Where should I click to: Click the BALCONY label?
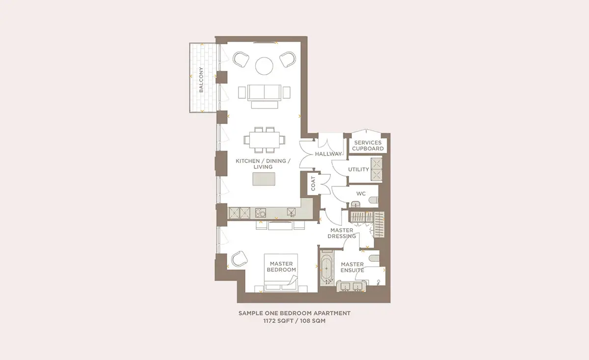(201, 80)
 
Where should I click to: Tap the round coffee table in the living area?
(264, 66)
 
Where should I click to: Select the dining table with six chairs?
(264, 140)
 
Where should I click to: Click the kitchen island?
(264, 179)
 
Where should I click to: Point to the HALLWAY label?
(328, 154)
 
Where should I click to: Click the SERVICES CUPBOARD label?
(368, 145)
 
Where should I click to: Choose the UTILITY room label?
(358, 169)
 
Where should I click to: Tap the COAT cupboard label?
(313, 184)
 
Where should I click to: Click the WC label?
(361, 194)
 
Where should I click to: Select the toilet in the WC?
(374, 200)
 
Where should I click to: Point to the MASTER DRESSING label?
(342, 233)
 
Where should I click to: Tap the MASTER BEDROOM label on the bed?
(281, 267)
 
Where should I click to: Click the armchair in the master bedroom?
(240, 259)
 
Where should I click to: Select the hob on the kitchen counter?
(260, 213)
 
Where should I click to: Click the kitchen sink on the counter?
(291, 212)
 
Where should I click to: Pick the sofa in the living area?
(264, 93)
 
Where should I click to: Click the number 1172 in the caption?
(269, 321)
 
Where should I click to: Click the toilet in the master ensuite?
(374, 258)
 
